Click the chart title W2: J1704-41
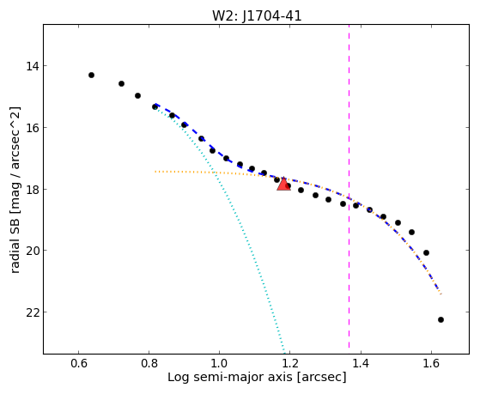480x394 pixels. [257, 16]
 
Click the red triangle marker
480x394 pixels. [283, 185]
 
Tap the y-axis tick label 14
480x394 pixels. [33, 66]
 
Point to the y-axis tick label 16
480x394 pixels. [33, 127]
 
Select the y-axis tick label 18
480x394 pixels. [33, 189]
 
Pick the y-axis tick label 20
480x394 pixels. [33, 251]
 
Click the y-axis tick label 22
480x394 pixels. [33, 312]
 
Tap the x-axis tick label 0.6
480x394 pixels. [79, 363]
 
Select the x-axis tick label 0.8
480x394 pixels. [149, 363]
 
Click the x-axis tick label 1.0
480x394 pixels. [220, 363]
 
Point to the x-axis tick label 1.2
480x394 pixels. [290, 363]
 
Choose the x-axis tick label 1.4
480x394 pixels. [361, 363]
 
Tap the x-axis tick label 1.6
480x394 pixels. [431, 363]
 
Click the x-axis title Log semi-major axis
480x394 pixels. [230, 378]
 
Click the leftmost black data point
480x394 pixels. [91, 75]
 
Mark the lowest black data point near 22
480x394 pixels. [441, 319]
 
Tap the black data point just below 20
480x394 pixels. [426, 252]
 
